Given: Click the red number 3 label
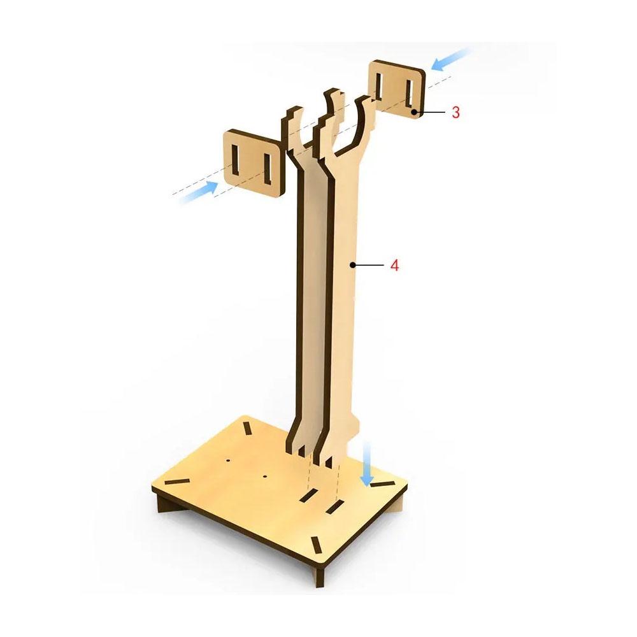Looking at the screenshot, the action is (456, 112).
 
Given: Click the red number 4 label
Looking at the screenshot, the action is (394, 265).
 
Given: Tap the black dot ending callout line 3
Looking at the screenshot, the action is (413, 111).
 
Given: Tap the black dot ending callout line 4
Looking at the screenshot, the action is (353, 265).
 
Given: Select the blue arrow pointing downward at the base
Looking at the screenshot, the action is (368, 464).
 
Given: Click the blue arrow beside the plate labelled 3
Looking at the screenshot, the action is (450, 59).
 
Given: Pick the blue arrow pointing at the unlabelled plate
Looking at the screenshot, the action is (198, 192).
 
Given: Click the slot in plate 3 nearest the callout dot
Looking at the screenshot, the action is (409, 94).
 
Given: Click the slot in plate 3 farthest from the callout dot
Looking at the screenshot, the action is (379, 86).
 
